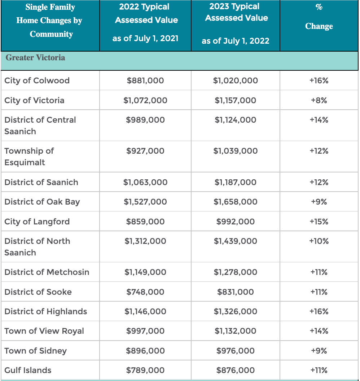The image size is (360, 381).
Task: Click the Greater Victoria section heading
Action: click(x=35, y=58)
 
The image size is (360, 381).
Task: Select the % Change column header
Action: click(x=319, y=17)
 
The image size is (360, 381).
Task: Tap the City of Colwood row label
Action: click(x=37, y=80)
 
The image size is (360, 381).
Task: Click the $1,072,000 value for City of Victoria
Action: click(x=145, y=100)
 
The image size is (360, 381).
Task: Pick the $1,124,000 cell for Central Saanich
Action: click(x=236, y=120)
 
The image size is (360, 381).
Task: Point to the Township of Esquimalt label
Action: click(x=29, y=157)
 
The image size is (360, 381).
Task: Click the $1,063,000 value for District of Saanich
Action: click(x=145, y=182)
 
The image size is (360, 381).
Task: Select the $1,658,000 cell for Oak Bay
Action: click(x=236, y=202)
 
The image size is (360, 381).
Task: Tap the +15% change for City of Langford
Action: click(x=319, y=222)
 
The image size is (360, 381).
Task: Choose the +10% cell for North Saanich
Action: click(x=319, y=241)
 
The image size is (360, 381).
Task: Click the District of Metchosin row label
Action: click(x=47, y=272)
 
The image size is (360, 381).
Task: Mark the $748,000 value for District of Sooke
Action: click(x=145, y=292)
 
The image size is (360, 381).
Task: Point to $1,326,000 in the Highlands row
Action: click(x=236, y=311)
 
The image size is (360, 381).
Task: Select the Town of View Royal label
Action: click(x=44, y=331)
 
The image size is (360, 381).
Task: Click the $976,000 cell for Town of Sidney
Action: click(x=236, y=351)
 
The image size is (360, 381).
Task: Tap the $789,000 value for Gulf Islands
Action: click(x=145, y=370)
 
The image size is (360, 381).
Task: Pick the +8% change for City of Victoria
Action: click(x=319, y=100)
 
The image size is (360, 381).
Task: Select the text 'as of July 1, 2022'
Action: click(x=236, y=41)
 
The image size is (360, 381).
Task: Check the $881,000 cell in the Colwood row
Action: click(x=145, y=80)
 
